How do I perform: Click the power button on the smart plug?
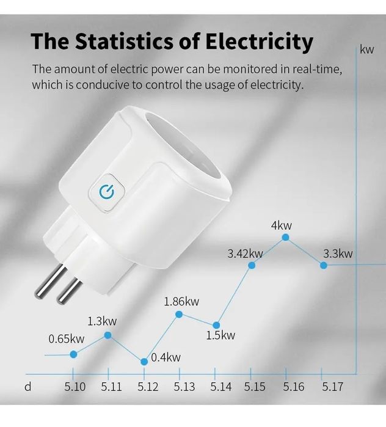(107, 192)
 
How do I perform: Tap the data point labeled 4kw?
(285, 237)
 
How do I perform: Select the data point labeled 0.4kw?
(144, 362)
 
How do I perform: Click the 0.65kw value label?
(67, 339)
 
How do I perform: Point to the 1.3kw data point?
(108, 335)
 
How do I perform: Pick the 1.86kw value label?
(181, 301)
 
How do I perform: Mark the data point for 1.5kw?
(216, 325)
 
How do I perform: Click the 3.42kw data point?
(252, 265)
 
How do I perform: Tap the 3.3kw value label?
(338, 254)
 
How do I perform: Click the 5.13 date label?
(184, 387)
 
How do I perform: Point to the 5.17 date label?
(332, 387)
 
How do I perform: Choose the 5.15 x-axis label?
(255, 387)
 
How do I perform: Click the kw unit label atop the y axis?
(366, 49)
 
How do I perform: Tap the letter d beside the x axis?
(27, 387)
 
